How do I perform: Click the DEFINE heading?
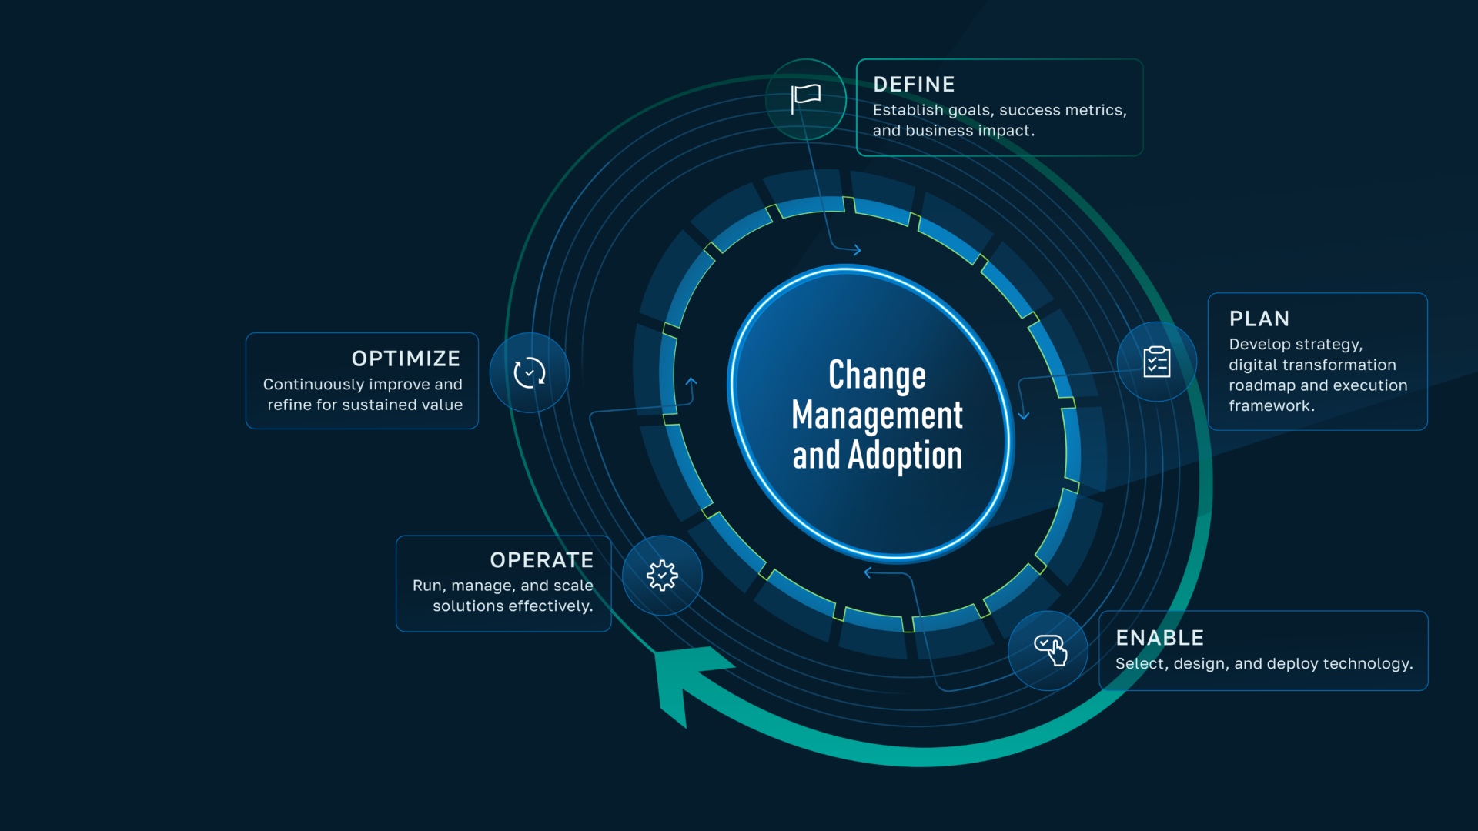[914, 85]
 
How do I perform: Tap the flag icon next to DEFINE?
[806, 98]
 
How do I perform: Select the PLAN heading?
[1259, 319]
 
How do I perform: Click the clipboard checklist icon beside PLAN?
[1156, 362]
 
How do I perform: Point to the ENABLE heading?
[1159, 638]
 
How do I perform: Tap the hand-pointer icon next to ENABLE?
[1050, 650]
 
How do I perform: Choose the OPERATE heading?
[541, 560]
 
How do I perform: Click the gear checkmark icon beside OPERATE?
[662, 575]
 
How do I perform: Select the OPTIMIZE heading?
[406, 359]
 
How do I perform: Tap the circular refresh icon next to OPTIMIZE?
[530, 372]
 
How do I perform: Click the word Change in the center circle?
[877, 375]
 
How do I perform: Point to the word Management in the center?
[877, 415]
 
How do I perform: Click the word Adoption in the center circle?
[905, 456]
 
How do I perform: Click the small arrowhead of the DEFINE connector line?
[857, 250]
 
